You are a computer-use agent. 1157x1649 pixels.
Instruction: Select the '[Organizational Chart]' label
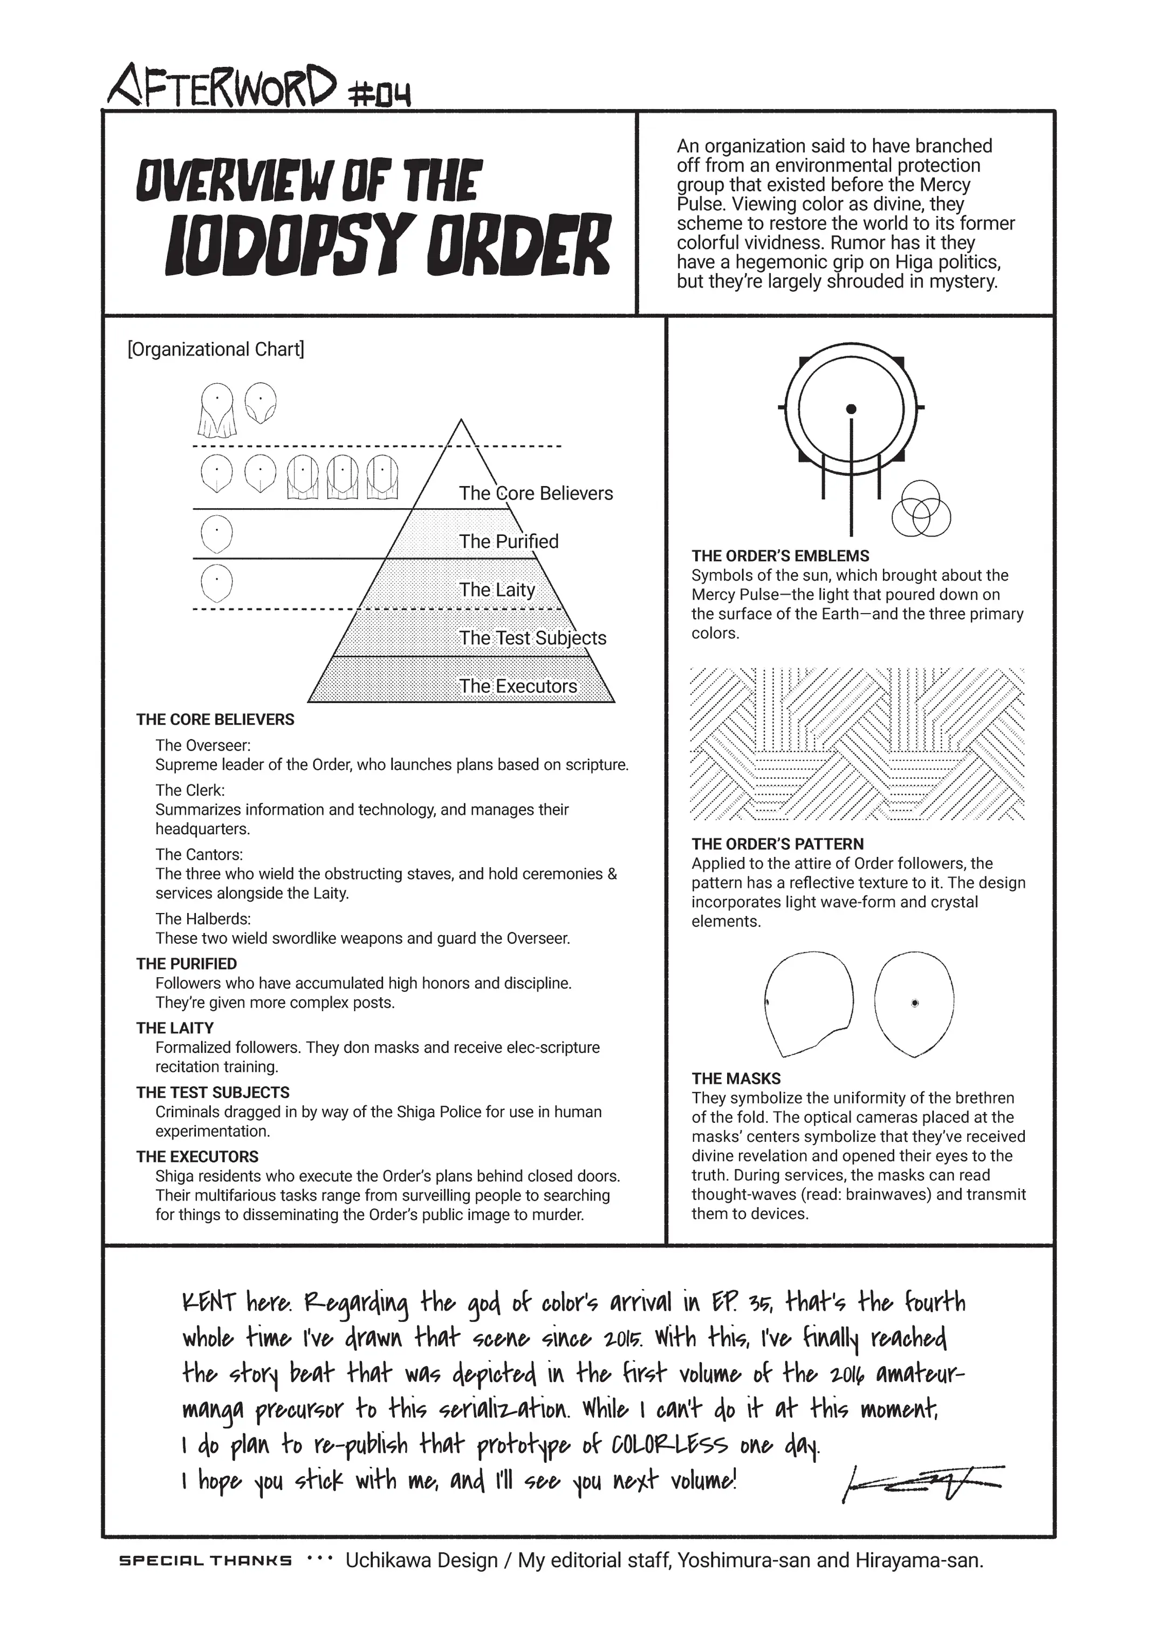pyautogui.click(x=215, y=350)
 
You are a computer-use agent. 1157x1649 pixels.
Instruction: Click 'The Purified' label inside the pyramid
pyautogui.click(x=508, y=542)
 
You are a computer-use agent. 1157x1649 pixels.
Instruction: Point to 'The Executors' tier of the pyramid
pyautogui.click(x=517, y=686)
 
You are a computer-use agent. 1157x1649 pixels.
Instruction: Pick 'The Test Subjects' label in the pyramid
pyautogui.click(x=532, y=638)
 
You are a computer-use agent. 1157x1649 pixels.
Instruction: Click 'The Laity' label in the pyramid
pyautogui.click(x=497, y=590)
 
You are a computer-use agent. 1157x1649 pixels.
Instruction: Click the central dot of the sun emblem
pyautogui.click(x=851, y=410)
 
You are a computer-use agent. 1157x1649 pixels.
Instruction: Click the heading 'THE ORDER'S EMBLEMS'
pyautogui.click(x=780, y=556)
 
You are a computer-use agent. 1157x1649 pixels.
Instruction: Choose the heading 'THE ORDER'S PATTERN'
pyautogui.click(x=777, y=844)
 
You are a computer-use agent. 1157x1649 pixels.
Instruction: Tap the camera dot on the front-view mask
pyautogui.click(x=914, y=1003)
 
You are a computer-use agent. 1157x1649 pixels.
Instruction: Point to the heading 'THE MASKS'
pyautogui.click(x=736, y=1078)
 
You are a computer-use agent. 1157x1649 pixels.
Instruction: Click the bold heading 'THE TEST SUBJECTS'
pyautogui.click(x=213, y=1092)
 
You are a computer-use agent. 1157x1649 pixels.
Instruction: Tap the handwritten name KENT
pyautogui.click(x=209, y=1302)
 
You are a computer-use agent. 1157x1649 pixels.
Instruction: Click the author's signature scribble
pyautogui.click(x=922, y=1484)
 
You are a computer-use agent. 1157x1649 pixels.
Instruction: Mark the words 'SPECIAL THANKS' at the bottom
pyautogui.click(x=206, y=1561)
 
